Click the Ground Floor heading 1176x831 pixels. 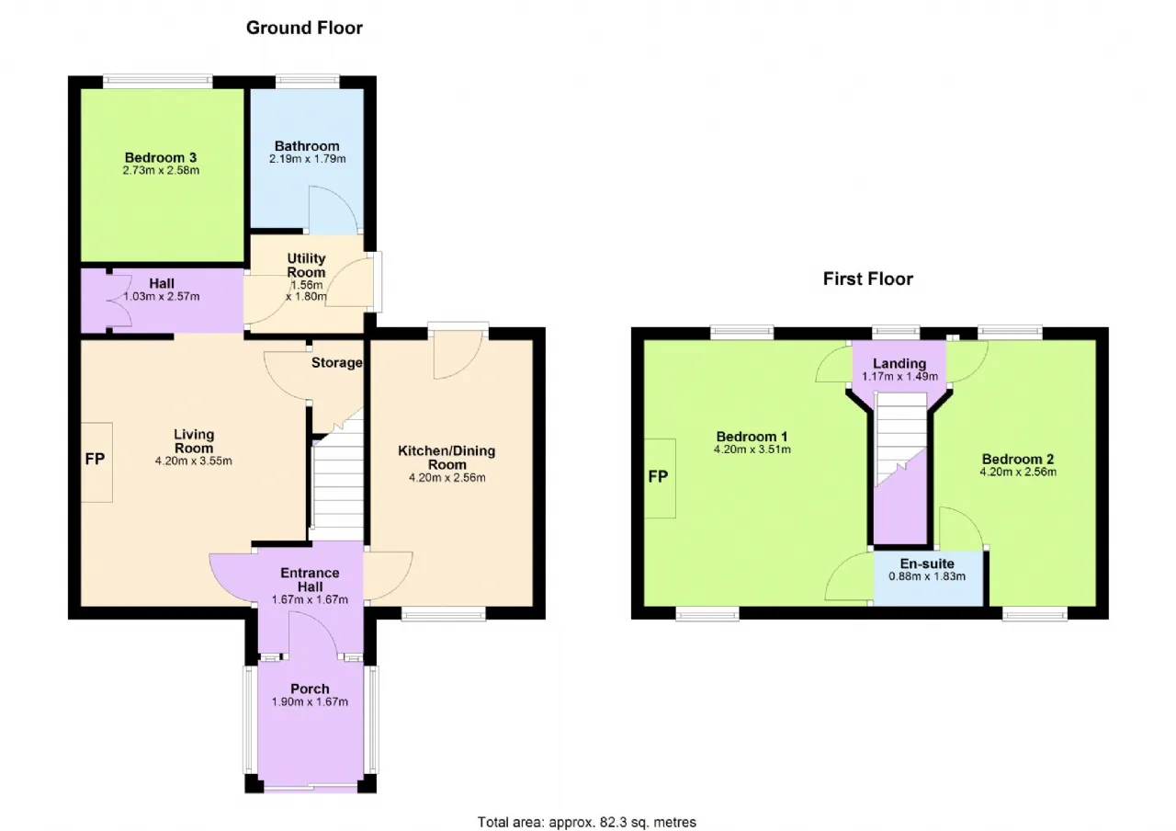point(304,28)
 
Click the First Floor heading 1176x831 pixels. point(868,279)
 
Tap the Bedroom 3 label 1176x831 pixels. point(161,157)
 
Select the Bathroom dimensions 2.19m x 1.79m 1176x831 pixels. point(308,159)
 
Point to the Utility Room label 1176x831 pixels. point(307,266)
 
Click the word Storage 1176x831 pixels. point(336,363)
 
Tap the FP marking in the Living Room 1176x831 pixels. point(95,460)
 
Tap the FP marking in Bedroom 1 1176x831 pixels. point(659,477)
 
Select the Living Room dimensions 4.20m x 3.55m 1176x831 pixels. point(194,461)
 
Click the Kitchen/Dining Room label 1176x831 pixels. point(447,458)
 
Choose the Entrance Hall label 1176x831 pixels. point(310,580)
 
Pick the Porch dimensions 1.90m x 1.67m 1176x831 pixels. point(310,702)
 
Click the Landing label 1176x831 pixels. point(899,363)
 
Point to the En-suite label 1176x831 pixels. point(927,563)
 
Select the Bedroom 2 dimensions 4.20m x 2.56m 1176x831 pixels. point(1018,472)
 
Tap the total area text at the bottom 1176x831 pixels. point(586,822)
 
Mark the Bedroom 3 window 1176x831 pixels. point(158,82)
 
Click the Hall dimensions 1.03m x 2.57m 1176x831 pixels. point(162,297)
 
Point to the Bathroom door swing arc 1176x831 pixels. point(341,202)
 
